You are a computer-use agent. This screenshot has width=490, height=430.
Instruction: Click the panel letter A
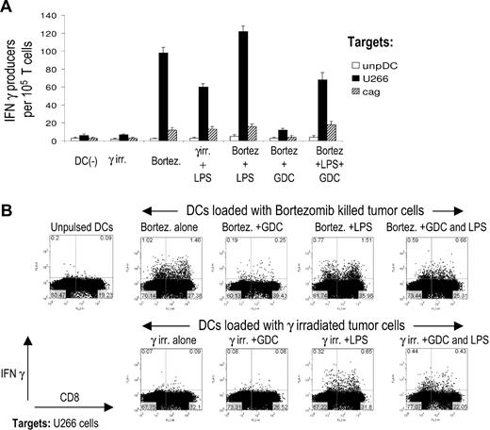8,8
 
